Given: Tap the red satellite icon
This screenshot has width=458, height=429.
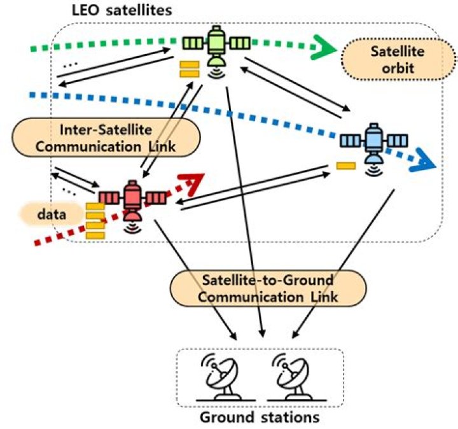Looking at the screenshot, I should tap(132, 198).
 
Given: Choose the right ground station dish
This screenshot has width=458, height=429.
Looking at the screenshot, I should tap(291, 378).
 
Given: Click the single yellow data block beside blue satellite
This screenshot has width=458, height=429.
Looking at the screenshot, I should tap(346, 167).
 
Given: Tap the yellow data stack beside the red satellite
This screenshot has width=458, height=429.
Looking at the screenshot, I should tap(95, 220).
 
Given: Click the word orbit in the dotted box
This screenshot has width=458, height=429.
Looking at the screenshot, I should tap(387, 67).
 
